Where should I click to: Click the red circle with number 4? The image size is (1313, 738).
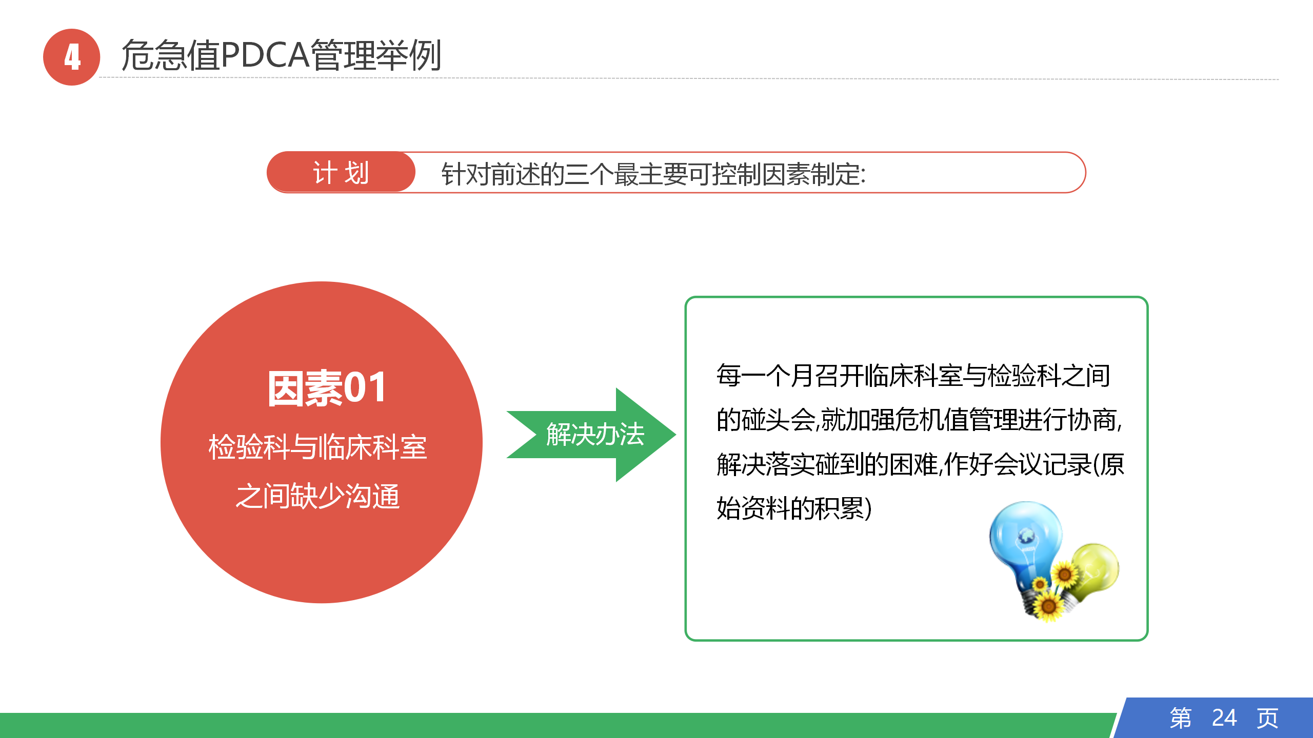(71, 57)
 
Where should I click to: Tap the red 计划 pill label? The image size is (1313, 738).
(341, 172)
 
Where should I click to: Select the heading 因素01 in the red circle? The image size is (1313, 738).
(327, 388)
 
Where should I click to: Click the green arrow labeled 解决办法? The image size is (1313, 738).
(591, 435)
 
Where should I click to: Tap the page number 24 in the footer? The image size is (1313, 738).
(1224, 717)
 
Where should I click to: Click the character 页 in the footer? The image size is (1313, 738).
(1267, 717)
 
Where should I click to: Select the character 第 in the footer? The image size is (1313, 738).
(1181, 717)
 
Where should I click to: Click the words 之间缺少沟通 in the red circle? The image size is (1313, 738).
(318, 496)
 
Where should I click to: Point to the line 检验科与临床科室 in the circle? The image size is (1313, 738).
(318, 447)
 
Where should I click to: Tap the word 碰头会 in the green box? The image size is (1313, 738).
(778, 420)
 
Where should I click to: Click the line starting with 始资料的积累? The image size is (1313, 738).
(794, 508)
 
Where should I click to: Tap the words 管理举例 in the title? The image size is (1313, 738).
(376, 55)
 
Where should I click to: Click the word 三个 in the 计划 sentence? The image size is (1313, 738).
(589, 174)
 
